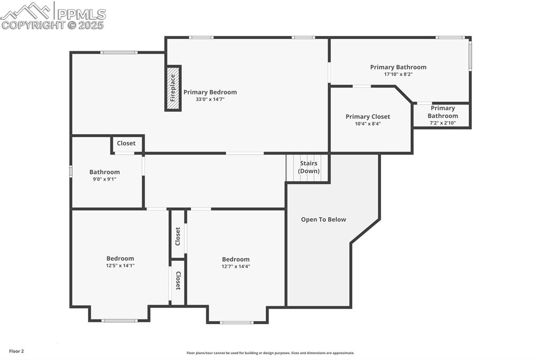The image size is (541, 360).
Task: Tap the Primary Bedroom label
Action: (210, 92)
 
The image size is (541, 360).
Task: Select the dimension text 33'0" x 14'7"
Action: (210, 99)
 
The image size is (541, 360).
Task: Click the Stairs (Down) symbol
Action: (307, 168)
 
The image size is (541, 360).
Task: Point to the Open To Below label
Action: (323, 220)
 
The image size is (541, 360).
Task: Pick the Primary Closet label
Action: (368, 117)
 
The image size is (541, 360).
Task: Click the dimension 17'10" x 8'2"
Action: (398, 74)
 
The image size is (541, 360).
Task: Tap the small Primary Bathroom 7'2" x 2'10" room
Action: (442, 115)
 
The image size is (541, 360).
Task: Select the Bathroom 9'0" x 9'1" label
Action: (104, 172)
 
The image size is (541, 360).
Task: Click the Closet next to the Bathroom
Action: (126, 144)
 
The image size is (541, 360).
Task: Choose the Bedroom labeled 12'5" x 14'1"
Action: (120, 259)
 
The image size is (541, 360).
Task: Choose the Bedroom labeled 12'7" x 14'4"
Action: (236, 260)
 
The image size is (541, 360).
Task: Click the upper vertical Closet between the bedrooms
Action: (178, 235)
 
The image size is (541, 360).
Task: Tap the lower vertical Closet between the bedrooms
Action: (178, 281)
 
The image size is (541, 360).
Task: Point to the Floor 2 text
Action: (16, 351)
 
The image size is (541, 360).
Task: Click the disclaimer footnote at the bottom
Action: (270, 353)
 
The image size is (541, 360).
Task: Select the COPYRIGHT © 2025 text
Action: (52, 25)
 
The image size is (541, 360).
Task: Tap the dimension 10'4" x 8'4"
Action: (368, 124)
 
